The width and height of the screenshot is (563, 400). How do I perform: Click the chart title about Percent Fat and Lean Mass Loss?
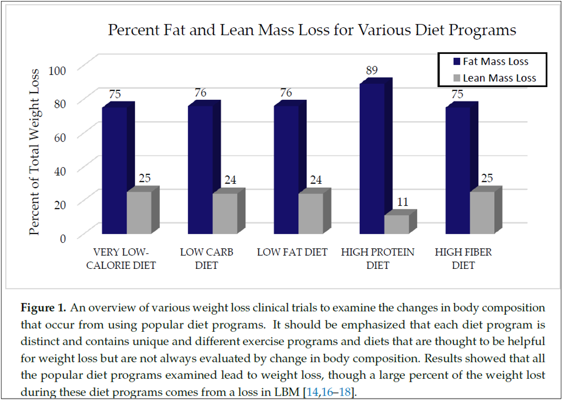click(312, 30)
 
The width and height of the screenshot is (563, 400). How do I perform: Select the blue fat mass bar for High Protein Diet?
click(372, 159)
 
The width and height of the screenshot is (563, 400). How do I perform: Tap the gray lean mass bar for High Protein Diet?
click(396, 224)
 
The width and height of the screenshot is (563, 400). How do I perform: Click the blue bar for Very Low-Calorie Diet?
click(114, 170)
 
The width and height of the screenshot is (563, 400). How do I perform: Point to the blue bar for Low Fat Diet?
click(286, 169)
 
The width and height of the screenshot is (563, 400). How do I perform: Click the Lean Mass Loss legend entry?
click(494, 78)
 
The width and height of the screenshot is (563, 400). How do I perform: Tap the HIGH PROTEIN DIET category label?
click(378, 258)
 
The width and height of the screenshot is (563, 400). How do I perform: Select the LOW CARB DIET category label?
click(207, 258)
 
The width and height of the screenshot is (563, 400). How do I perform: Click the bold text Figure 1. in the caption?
click(43, 308)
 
